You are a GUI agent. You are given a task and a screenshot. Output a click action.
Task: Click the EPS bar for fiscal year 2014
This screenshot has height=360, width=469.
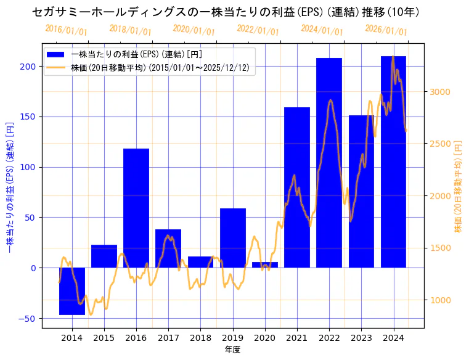[72, 291]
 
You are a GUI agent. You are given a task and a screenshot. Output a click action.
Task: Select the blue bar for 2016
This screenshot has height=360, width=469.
[136, 208]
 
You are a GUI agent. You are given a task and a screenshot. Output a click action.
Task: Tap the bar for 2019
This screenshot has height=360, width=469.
[233, 238]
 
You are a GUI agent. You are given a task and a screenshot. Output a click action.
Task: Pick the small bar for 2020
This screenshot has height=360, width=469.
[265, 265]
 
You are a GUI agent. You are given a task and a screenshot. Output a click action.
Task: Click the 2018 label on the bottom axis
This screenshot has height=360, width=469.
[200, 338]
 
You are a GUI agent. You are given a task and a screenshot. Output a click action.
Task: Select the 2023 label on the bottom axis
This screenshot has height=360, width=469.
[361, 338]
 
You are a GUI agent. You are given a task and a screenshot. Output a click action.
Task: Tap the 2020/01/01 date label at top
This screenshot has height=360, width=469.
[194, 30]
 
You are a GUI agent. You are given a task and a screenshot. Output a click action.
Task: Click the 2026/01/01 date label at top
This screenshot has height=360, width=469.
[386, 30]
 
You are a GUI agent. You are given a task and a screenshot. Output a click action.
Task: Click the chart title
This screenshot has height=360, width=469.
[234, 12]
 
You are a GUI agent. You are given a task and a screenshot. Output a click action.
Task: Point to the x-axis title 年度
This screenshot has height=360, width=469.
[232, 350]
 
